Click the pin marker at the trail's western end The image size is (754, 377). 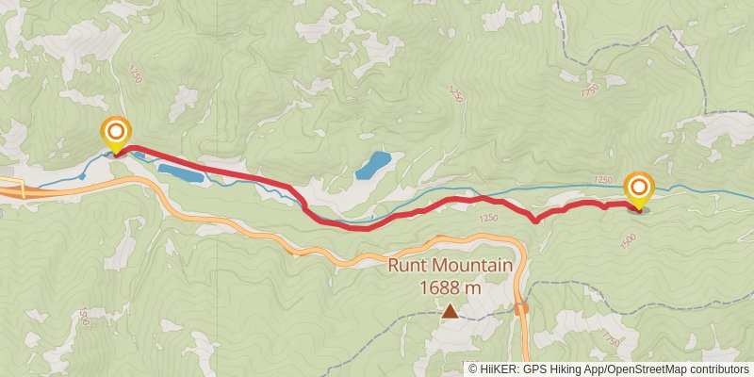tap(116, 133)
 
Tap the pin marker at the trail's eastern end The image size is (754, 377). tap(639, 188)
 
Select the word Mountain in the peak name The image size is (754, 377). tap(476, 266)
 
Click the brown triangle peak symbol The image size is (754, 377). tap(451, 310)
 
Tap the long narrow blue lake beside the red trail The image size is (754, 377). tap(179, 173)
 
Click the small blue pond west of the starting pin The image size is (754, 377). tap(83, 175)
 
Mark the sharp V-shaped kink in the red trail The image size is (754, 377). tap(534, 221)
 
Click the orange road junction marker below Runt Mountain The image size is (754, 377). tap(521, 307)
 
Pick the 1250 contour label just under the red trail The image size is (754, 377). tap(487, 219)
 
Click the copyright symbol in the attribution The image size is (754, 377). tap(473, 369)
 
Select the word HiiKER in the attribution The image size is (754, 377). tap(499, 369)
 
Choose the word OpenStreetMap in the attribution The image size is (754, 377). tap(646, 369)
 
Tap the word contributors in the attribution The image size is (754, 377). tap(718, 369)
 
